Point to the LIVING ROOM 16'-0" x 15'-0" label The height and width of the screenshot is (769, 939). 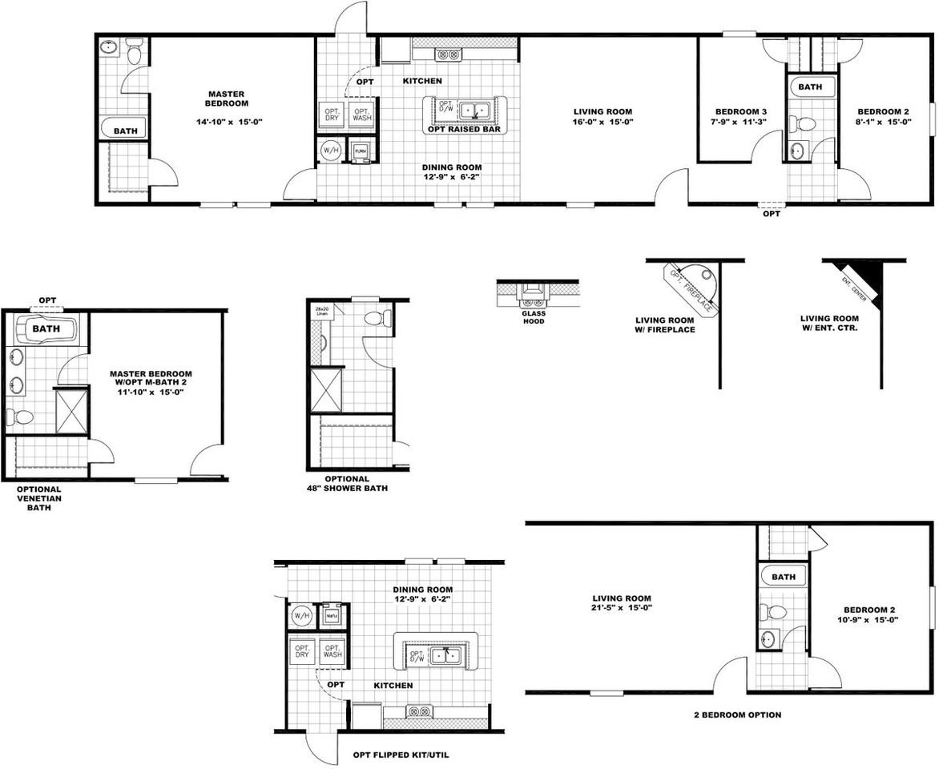click(602, 117)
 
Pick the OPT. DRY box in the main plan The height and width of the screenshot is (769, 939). click(331, 114)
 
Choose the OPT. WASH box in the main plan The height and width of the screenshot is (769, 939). click(362, 114)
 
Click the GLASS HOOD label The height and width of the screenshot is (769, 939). click(534, 317)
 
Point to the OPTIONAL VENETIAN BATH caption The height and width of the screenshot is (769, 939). click(38, 497)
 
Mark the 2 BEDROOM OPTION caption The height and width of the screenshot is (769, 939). click(738, 715)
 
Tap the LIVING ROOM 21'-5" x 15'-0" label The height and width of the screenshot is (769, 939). click(622, 603)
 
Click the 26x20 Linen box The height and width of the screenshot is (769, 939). click(322, 311)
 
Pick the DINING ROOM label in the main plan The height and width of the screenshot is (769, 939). click(453, 172)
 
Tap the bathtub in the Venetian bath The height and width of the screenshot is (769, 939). click(46, 329)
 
